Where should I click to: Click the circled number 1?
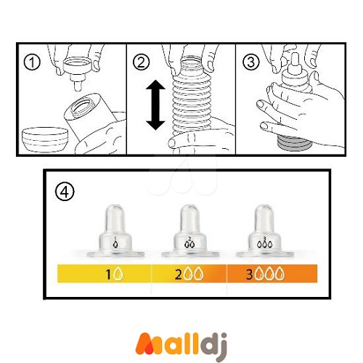click(x=32, y=62)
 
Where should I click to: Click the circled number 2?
click(x=142, y=62)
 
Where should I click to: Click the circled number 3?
click(x=251, y=62)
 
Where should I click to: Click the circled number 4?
click(x=65, y=192)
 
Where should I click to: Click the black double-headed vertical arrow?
click(x=155, y=105)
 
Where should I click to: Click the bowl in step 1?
click(x=45, y=139)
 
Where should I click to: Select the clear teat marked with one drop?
click(x=115, y=231)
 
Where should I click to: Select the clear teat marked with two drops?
click(x=190, y=231)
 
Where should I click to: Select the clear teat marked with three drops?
click(x=265, y=231)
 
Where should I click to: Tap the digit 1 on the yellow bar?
click(x=108, y=274)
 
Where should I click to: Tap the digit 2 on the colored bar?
click(x=178, y=274)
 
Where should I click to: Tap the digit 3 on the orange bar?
click(x=250, y=274)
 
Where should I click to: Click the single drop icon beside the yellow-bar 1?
click(x=118, y=274)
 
